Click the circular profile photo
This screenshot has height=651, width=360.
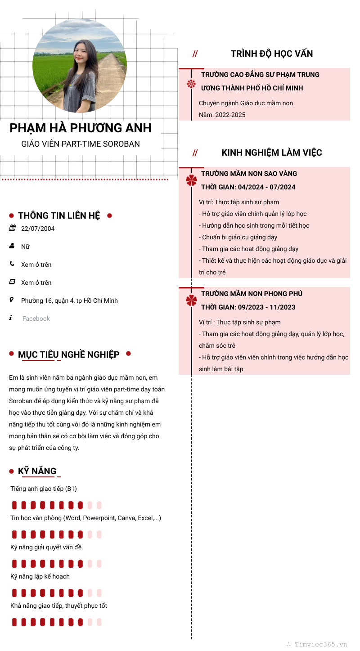coord(80,66)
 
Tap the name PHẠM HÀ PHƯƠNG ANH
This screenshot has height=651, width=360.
coord(81,128)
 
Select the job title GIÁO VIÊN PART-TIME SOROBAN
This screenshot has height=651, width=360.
coord(81,144)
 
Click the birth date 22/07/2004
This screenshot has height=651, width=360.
coord(38,229)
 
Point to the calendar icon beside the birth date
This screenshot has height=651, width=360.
coord(12,228)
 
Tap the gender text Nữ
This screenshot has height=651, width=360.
coord(25,247)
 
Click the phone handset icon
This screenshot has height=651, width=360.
coord(12,264)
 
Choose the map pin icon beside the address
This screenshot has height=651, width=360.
coord(12,300)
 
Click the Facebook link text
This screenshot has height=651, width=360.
coord(36,319)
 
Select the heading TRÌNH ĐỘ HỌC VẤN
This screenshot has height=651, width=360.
coord(271,54)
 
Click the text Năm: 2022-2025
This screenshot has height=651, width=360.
coord(222,115)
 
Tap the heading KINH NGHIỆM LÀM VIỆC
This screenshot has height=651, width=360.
coord(271,153)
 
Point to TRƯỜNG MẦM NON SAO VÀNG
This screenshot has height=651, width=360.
coord(249,174)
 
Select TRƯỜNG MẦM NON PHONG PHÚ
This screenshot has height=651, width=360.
coord(252,294)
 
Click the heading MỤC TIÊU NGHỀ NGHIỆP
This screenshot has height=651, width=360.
coord(68,355)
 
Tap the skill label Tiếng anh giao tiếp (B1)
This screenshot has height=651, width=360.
coord(44,489)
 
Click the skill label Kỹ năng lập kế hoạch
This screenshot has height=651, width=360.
coord(40,576)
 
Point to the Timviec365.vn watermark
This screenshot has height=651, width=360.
coord(320,644)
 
